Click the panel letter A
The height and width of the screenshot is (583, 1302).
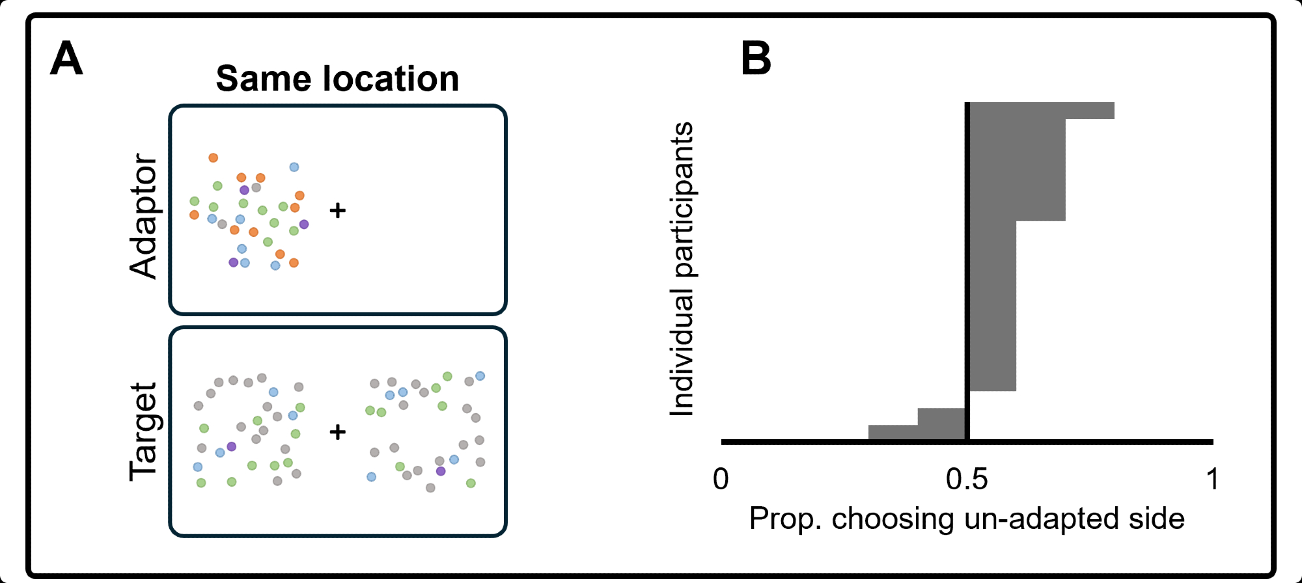coord(66,59)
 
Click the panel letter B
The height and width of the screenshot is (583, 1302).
coord(756,59)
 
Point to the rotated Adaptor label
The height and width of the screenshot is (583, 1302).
coord(144,216)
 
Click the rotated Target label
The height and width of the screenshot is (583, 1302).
coord(144,431)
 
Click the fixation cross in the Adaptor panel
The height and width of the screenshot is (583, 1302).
coord(337,210)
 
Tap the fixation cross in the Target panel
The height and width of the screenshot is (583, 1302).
coord(337,431)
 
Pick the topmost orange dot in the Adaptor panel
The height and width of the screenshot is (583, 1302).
coord(213,157)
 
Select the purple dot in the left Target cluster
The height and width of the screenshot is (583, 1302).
coord(231,446)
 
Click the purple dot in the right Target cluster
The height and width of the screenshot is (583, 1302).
coord(441,470)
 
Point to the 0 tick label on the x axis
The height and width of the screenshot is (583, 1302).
coord(721,480)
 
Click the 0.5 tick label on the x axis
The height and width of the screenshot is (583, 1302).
coord(967,480)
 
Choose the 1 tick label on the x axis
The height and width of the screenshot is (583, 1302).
coord(1212,480)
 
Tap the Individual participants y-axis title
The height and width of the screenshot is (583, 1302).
coord(682,269)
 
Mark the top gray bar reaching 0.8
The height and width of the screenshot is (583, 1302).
coord(1042,111)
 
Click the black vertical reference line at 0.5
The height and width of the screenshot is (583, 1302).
coord(967,260)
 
